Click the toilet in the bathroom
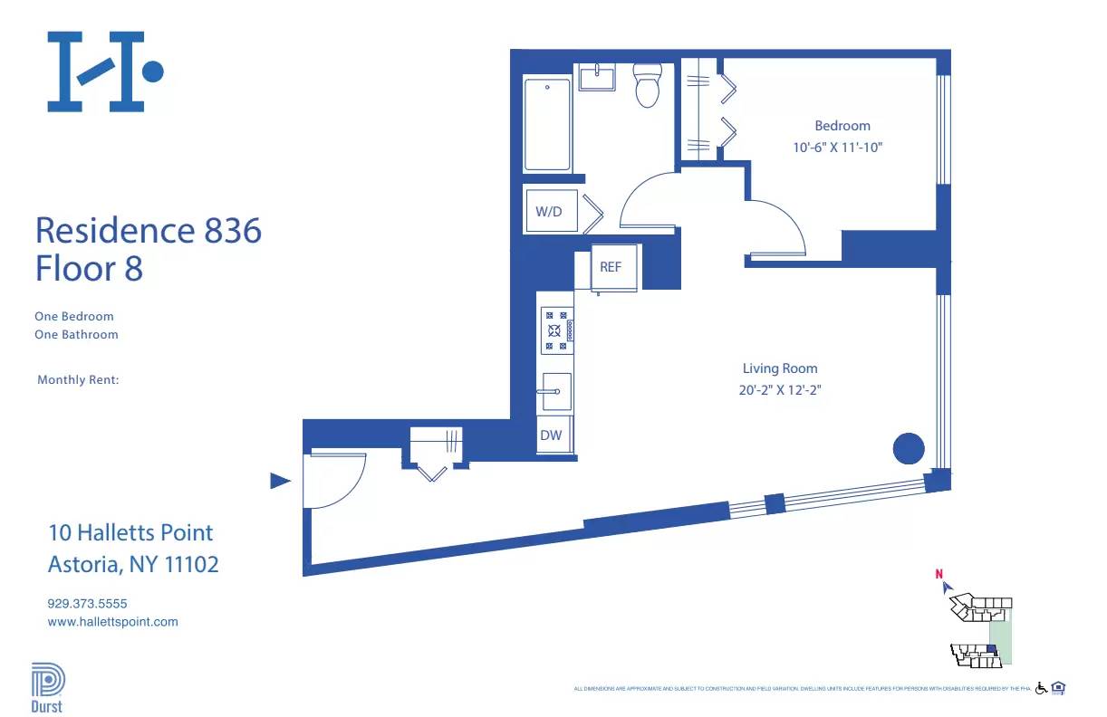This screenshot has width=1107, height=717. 647,86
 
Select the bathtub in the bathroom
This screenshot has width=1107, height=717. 547,124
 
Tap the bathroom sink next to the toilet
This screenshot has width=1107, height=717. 597,78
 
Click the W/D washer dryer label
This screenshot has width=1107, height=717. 549,212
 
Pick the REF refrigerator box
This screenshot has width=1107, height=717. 611,267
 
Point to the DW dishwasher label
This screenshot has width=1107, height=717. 551,435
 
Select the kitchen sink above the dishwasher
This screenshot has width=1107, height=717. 555,390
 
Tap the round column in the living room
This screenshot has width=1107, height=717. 908,448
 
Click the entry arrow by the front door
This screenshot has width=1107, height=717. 281,481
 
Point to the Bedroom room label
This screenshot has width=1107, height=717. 842,126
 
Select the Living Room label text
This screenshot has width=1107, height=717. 779,368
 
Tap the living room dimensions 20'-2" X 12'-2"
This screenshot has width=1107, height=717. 780,390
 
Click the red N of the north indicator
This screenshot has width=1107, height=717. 939,573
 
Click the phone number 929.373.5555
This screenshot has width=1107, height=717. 88,603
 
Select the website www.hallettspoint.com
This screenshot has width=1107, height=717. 112,622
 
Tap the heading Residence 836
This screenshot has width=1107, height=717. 148,231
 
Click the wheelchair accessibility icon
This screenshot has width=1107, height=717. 1041,688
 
